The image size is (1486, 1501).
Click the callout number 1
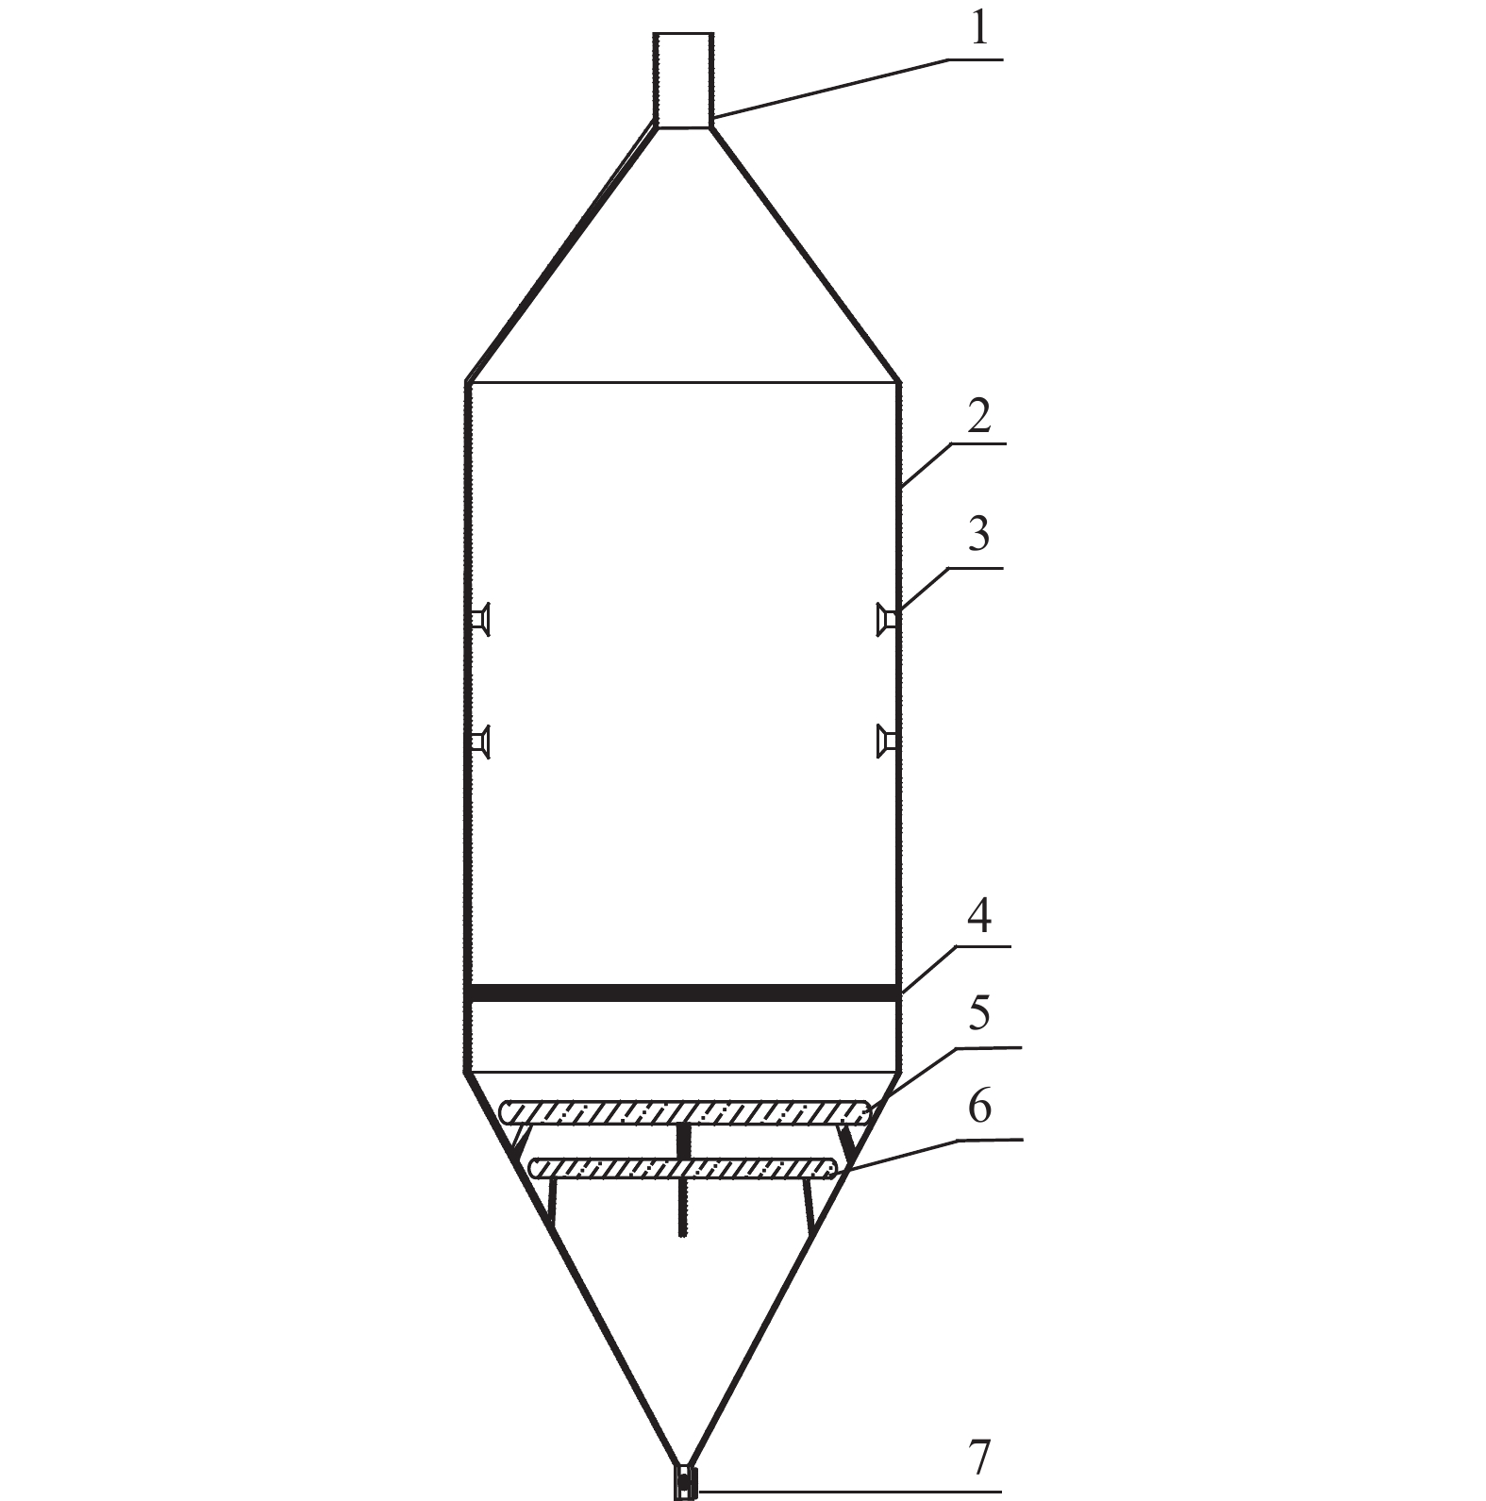point(980,29)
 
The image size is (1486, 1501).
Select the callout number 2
point(979,415)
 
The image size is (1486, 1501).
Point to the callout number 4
point(980,916)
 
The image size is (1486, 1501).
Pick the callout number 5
point(980,1013)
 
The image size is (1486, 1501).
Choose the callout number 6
point(980,1106)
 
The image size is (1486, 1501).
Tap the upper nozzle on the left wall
point(480,619)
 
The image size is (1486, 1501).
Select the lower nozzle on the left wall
point(480,741)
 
